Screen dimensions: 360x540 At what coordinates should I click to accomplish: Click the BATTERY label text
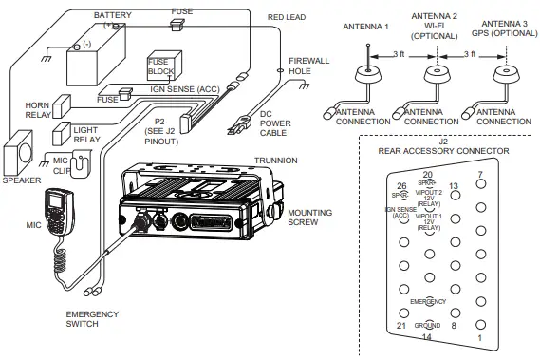click(x=112, y=15)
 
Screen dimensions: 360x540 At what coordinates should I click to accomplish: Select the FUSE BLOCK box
click(x=160, y=66)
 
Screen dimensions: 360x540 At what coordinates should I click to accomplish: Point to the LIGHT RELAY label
click(x=86, y=133)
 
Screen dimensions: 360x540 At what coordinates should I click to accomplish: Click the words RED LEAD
click(x=287, y=16)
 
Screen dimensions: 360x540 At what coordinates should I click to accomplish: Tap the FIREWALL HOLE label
click(x=309, y=65)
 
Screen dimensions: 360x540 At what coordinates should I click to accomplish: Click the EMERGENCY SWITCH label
click(x=92, y=318)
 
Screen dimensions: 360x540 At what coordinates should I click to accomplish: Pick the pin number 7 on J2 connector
click(x=481, y=173)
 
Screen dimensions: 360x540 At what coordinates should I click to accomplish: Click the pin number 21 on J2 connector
click(x=401, y=325)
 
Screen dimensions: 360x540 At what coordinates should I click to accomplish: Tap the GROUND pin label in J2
click(x=426, y=324)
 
